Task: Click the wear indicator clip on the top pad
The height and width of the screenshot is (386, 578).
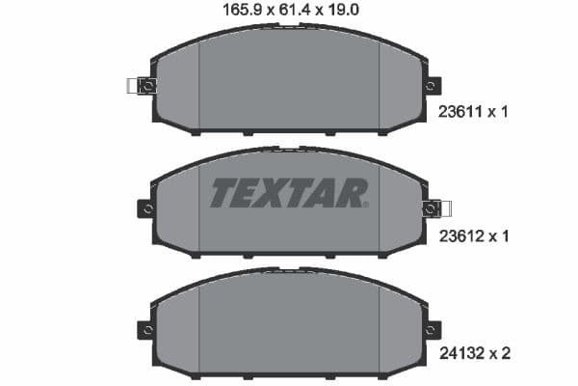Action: [140, 86]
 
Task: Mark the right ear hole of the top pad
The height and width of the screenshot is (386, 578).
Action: [432, 86]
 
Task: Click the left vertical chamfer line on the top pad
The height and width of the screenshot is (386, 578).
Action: [199, 87]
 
